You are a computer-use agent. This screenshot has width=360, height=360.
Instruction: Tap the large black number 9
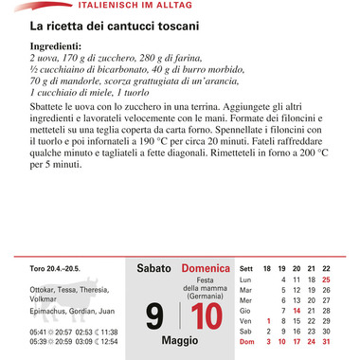tap(156, 314)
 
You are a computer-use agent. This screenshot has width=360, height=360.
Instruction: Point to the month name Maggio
tap(180, 338)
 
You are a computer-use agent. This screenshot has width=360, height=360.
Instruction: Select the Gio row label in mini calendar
tap(245, 310)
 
